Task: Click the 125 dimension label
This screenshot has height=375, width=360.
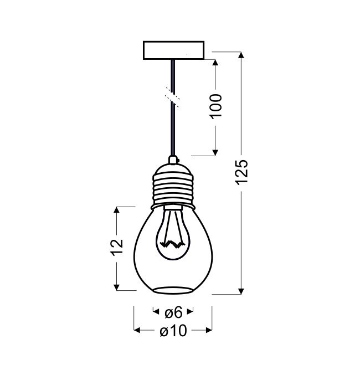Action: pos(241,172)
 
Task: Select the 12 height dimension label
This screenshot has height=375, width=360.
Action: pos(117,247)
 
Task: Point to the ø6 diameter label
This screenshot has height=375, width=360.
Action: pos(174,312)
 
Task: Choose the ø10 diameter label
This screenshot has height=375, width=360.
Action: pos(173,331)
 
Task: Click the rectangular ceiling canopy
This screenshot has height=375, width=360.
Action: pos(174,50)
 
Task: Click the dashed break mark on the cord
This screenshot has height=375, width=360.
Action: pos(172,97)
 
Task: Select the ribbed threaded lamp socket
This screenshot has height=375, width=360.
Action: pos(173,187)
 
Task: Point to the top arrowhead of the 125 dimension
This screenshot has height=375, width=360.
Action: pos(241,55)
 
